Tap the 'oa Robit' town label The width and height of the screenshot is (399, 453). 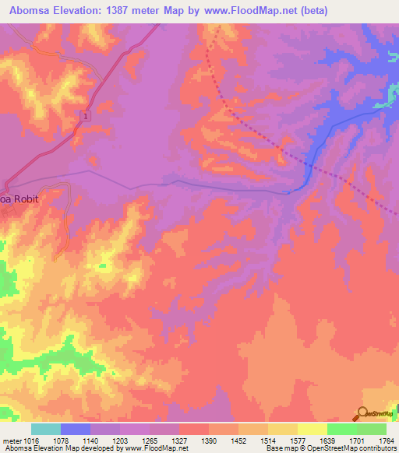click(19, 198)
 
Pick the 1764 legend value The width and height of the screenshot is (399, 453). click(384, 440)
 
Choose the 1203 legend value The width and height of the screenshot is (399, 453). click(119, 440)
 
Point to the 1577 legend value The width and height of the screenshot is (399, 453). click(296, 440)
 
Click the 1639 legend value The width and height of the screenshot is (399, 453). click(326, 440)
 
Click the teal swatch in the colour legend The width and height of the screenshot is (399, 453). click(45, 429)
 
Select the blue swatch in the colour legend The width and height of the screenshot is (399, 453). click(75, 429)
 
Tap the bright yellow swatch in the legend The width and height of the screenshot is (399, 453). click(312, 429)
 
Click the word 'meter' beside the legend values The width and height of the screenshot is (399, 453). click(11, 440)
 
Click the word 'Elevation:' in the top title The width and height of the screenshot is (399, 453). click(82, 11)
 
